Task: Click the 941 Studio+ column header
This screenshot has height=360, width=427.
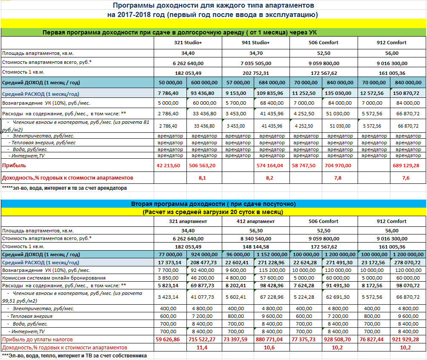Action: click(x=255, y=43)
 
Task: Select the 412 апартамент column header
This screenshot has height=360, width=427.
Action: click(x=255, y=221)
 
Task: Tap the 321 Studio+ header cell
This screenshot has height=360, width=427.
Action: click(x=188, y=43)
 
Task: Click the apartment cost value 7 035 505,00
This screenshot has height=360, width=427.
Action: click(x=255, y=63)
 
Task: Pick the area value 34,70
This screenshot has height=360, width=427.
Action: click(x=255, y=53)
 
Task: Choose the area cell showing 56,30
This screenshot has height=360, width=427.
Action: click(x=255, y=230)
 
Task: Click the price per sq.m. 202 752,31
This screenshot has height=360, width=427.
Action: click(x=255, y=72)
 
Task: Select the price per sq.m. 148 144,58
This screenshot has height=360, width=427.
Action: click(x=255, y=246)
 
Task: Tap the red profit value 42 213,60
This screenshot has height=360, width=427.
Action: click(x=169, y=165)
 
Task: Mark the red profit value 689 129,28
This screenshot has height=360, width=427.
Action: click(x=408, y=165)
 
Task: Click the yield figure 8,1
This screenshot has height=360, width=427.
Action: click(x=202, y=178)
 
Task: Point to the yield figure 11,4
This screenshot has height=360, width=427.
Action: click(x=202, y=348)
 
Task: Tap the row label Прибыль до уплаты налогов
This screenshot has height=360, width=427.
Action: click(x=37, y=340)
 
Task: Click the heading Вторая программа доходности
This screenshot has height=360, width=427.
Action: click(x=213, y=204)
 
